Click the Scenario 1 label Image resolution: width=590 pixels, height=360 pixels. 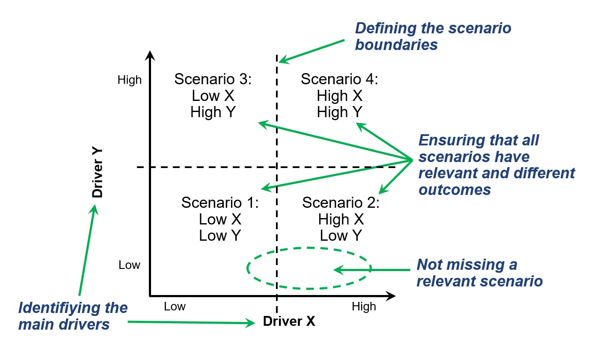click(x=220, y=202)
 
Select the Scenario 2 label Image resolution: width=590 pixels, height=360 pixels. click(x=341, y=202)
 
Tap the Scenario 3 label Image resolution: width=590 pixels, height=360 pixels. click(x=213, y=79)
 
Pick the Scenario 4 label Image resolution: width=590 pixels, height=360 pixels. click(x=339, y=79)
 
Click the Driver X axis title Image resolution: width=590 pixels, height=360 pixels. click(x=289, y=322)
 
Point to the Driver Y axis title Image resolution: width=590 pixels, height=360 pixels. click(x=98, y=174)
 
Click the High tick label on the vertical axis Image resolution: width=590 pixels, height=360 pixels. click(x=129, y=80)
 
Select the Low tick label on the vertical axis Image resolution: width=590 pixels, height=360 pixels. click(x=129, y=265)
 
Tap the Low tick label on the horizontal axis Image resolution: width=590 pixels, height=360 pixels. click(x=175, y=307)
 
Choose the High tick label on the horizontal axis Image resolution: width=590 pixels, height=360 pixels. click(x=364, y=307)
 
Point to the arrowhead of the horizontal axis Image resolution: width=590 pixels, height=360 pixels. click(x=391, y=295)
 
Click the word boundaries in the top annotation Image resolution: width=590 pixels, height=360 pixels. click(x=396, y=44)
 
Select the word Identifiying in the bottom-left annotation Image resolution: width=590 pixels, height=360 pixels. click(x=73, y=308)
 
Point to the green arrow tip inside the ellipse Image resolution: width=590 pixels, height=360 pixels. click(x=335, y=270)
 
